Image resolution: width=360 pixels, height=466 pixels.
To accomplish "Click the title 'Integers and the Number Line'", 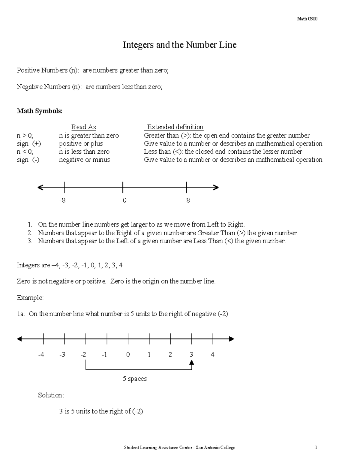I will pos(179,45).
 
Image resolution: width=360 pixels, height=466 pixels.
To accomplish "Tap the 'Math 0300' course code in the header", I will pos(307,19).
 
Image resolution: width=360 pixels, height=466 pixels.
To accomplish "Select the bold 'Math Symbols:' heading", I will pos(39,111).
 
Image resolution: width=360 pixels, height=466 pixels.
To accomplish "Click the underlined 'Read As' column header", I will pos(83,127).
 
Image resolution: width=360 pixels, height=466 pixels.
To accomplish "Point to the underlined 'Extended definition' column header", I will pos(175,127).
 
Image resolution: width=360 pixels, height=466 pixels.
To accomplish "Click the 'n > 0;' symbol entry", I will pos(25,135).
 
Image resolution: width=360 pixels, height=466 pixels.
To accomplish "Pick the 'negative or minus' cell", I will pos(84,160).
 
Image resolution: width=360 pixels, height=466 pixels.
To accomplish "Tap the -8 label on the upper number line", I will pos(62,200).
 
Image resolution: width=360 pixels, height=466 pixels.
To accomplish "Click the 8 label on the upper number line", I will pos(188,200).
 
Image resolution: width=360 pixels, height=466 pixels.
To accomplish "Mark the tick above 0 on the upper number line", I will pos(123,188).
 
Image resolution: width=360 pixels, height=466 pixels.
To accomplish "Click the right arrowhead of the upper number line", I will pos(216,188).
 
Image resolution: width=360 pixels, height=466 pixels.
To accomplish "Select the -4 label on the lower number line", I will pos(41,355).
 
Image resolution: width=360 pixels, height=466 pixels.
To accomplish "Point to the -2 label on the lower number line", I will pos(83,355).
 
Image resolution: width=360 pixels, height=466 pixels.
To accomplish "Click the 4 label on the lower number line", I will pos(212,355).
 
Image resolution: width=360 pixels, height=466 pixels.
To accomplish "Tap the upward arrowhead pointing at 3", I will pos(192,362).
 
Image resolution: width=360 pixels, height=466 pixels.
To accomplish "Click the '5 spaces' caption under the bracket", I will pos(135,379).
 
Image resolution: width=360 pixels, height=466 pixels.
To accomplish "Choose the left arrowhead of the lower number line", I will pos(19,339).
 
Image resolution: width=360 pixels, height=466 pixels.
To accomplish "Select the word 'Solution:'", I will pos(51,395).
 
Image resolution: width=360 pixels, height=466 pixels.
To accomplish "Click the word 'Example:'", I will pos(30,298).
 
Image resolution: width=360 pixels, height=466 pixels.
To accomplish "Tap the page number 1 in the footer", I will pos(316,448).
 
